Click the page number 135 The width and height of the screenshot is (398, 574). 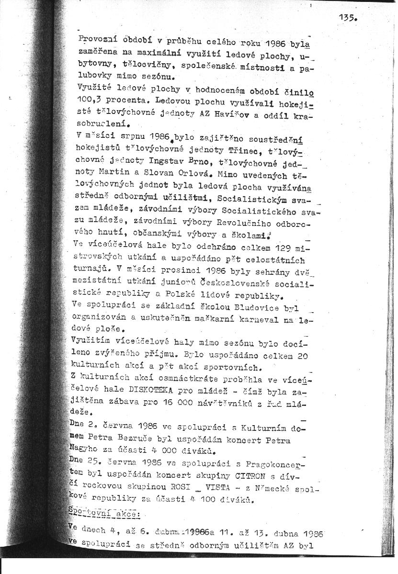tap(346, 18)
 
